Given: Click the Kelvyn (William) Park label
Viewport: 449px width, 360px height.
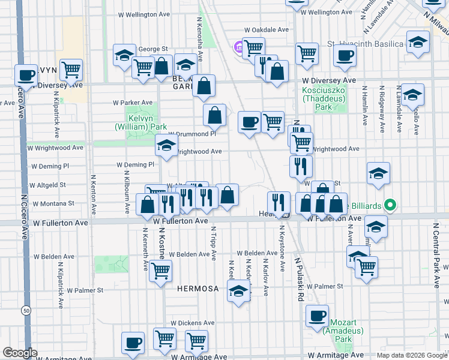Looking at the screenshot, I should tap(142, 123).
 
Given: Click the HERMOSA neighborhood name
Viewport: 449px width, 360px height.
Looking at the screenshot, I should tap(197, 289).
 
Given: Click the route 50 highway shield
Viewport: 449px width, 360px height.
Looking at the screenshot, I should tap(25, 310).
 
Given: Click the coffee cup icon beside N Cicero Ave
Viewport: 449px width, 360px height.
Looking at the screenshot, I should tap(26, 75).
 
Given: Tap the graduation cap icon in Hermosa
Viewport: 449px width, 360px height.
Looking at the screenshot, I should tap(239, 292).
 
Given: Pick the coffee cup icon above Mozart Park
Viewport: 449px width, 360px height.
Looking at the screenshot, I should tap(317, 315).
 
